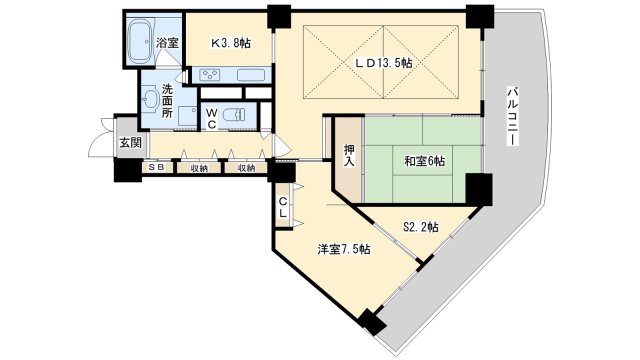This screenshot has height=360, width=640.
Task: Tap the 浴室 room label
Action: tap(168, 43)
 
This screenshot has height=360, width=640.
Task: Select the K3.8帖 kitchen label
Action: tap(231, 42)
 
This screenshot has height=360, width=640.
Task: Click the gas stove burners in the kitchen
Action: tap(210, 75)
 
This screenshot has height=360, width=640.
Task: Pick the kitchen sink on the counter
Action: tap(251, 75)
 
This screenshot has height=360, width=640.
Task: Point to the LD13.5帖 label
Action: tap(383, 63)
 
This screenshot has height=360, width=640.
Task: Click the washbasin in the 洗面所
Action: tap(151, 98)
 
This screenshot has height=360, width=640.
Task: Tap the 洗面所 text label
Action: tap(167, 100)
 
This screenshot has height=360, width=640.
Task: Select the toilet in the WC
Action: tap(234, 114)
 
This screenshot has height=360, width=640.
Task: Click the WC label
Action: tap(211, 118)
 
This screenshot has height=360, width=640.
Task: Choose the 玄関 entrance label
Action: tap(130, 142)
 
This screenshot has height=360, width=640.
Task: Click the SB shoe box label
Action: tap(156, 167)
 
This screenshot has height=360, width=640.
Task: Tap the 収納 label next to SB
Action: tap(199, 168)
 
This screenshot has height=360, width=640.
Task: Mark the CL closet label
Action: tap(282, 207)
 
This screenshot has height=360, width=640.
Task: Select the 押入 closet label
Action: tap(349, 156)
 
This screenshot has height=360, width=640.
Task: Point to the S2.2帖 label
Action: tap(421, 227)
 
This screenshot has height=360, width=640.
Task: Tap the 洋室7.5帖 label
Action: tap(344, 249)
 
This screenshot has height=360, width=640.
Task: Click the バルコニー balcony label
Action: tap(513, 116)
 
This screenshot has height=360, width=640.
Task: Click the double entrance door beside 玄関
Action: tap(102, 137)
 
